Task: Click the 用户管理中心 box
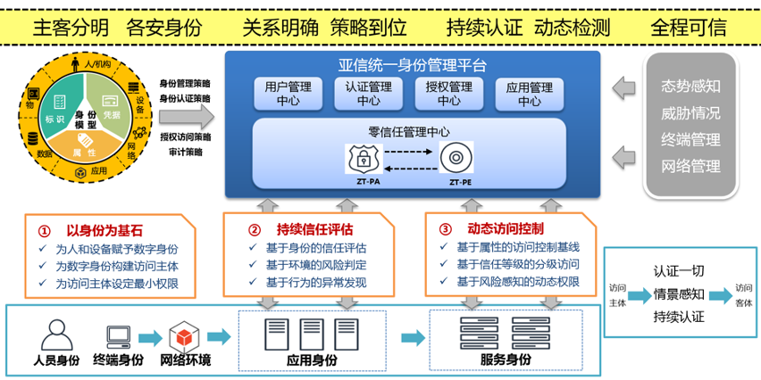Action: click(x=289, y=95)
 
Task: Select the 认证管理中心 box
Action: click(x=368, y=95)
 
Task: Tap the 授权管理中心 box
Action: click(x=449, y=95)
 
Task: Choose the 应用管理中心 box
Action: click(x=530, y=95)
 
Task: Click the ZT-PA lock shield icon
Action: click(x=364, y=160)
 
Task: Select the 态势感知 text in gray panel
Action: click(x=690, y=87)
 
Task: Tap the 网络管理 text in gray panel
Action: click(x=690, y=166)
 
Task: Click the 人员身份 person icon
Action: click(x=56, y=335)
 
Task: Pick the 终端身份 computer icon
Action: click(x=119, y=336)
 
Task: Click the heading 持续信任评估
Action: click(x=312, y=227)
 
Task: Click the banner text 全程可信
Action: click(x=688, y=26)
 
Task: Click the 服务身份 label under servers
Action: click(x=505, y=359)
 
